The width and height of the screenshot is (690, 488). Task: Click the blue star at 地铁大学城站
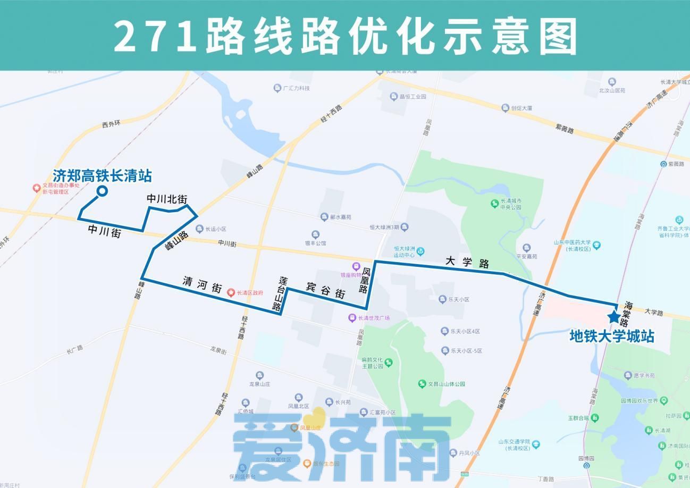click(613, 317)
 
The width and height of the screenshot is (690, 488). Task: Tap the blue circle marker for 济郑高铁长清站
click(102, 191)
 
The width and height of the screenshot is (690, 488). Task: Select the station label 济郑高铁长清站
click(102, 175)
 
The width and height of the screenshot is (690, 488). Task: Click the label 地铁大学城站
click(611, 336)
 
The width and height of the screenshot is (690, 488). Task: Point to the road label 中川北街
click(167, 199)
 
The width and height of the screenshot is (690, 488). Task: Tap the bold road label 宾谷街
click(325, 290)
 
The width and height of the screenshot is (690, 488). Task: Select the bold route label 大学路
click(467, 262)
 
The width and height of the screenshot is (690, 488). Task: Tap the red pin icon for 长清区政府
click(231, 292)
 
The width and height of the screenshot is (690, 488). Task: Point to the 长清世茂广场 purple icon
click(352, 318)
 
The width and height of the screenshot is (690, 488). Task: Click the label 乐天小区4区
click(465, 331)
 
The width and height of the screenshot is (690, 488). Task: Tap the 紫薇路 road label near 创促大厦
click(565, 129)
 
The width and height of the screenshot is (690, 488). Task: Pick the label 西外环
click(112, 124)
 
